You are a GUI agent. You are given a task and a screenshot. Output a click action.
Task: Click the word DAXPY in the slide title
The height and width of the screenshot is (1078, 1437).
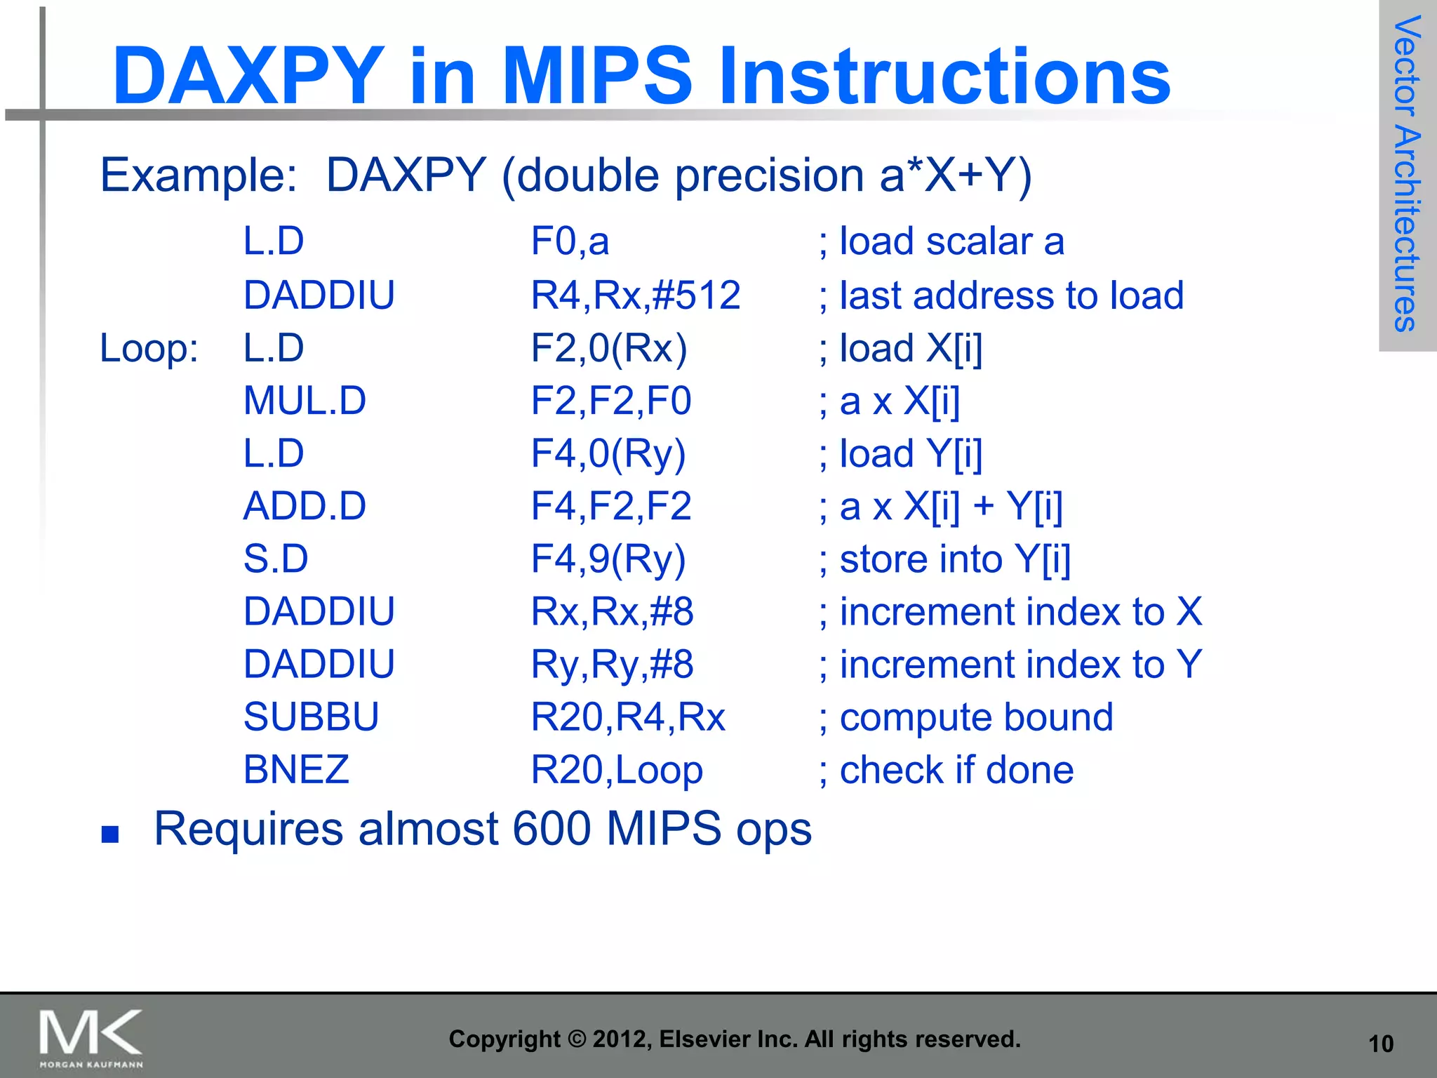[248, 76]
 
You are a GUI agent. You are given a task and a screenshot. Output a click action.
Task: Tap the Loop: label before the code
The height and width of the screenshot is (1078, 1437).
[149, 348]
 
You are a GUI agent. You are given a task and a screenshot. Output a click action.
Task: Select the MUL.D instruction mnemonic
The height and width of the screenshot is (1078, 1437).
[305, 401]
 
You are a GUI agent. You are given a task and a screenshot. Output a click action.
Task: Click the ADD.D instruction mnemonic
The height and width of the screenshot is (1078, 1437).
[305, 506]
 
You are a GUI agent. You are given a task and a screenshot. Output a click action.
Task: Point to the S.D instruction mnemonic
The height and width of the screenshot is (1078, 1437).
[276, 559]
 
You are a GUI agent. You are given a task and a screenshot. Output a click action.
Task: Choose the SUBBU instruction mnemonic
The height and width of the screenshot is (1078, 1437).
[311, 717]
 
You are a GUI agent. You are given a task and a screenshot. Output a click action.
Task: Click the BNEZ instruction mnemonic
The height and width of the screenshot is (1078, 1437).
[296, 770]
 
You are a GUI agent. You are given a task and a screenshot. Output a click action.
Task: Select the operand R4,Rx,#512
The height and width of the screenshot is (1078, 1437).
[635, 295]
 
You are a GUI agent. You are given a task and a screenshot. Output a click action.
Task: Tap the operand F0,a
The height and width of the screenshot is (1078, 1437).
[570, 241]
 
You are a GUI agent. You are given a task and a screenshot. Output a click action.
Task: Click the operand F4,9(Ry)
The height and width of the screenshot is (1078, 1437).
[608, 559]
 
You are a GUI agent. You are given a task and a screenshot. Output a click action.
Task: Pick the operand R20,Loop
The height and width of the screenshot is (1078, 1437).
[616, 771]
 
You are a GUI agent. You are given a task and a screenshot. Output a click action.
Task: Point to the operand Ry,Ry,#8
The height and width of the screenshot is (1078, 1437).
[612, 665]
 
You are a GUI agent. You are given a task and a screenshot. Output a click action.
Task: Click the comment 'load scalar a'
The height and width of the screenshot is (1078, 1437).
[951, 241]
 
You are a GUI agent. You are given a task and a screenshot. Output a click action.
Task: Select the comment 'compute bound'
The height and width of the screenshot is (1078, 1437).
[975, 717]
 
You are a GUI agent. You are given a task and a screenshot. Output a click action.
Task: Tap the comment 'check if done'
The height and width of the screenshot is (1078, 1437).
[956, 770]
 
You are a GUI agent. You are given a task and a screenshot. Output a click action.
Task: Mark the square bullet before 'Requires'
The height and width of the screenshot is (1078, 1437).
[110, 834]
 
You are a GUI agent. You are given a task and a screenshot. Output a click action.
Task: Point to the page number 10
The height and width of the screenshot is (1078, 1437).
[1381, 1044]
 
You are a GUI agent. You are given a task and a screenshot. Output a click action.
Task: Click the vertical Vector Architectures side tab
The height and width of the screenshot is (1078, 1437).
[1407, 174]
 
